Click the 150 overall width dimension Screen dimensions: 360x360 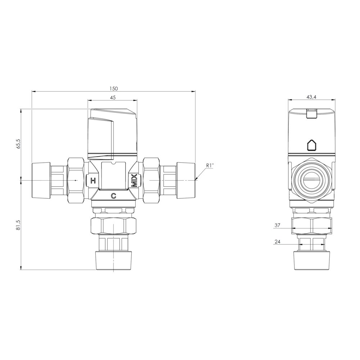pyautogui.click(x=113, y=89)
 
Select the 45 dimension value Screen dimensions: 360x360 pyautogui.click(x=113, y=98)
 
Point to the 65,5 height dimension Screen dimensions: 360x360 pyautogui.click(x=18, y=144)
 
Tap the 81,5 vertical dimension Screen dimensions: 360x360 pyautogui.click(x=18, y=225)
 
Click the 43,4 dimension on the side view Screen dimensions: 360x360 pyautogui.click(x=311, y=97)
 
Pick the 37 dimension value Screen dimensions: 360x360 pyautogui.click(x=277, y=225)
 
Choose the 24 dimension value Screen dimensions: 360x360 pyautogui.click(x=277, y=242)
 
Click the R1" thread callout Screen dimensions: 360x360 pyautogui.click(x=210, y=165)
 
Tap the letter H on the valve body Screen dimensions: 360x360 pyautogui.click(x=93, y=181)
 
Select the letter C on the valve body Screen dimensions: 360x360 pyautogui.click(x=113, y=196)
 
